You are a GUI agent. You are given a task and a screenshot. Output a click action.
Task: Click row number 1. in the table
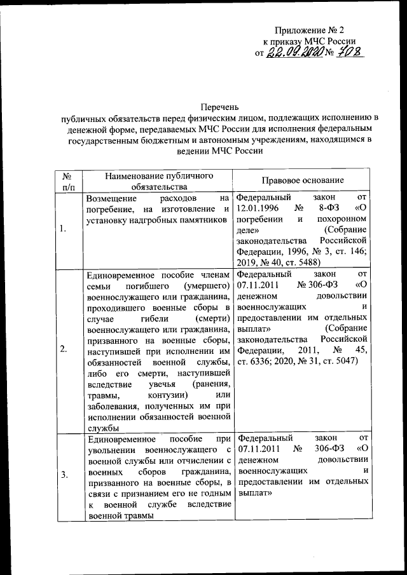pyautogui.click(x=64, y=229)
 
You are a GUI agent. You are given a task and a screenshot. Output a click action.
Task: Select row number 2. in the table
pyautogui.click(x=64, y=349)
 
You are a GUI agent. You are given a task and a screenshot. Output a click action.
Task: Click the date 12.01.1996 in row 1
pyautogui.click(x=258, y=208)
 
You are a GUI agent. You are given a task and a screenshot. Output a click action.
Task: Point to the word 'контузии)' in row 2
pyautogui.click(x=163, y=396)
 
